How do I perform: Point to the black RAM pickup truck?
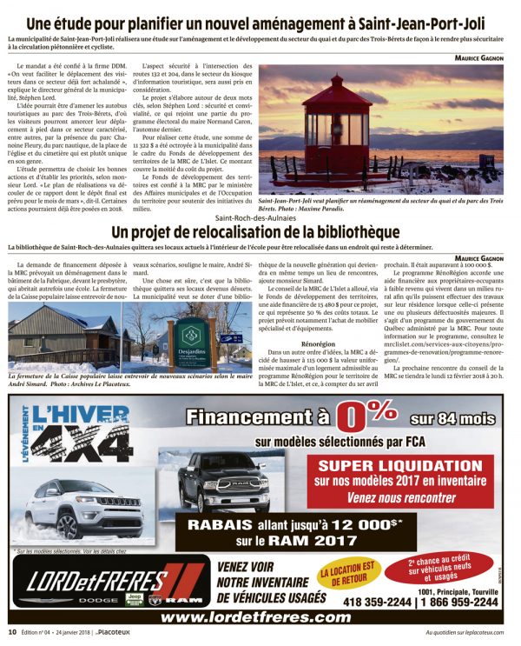coord(239,483)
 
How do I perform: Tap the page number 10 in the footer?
coord(12,632)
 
